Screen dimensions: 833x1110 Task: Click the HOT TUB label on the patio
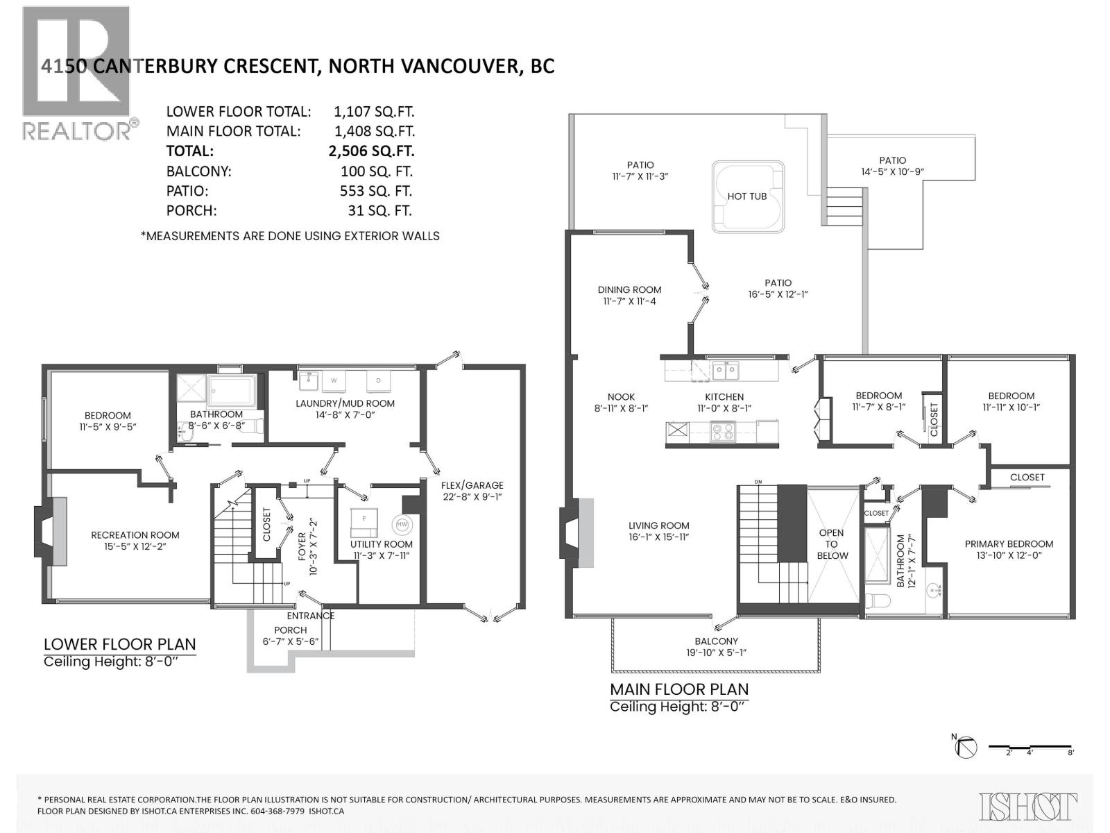click(746, 196)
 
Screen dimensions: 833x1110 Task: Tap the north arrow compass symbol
click(966, 747)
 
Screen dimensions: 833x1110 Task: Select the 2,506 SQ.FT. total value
click(371, 151)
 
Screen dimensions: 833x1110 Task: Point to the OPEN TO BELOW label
click(831, 544)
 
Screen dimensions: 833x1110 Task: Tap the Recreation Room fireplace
click(50, 532)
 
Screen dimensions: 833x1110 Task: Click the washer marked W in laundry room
click(334, 381)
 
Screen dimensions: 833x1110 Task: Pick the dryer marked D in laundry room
click(378, 381)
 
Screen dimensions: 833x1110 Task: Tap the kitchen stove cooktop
click(722, 432)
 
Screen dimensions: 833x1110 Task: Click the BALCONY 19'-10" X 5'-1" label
click(716, 646)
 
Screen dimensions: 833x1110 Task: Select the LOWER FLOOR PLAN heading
click(119, 644)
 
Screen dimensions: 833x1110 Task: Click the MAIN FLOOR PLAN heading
click(678, 689)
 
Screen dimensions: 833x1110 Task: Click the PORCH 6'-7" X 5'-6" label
click(290, 635)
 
